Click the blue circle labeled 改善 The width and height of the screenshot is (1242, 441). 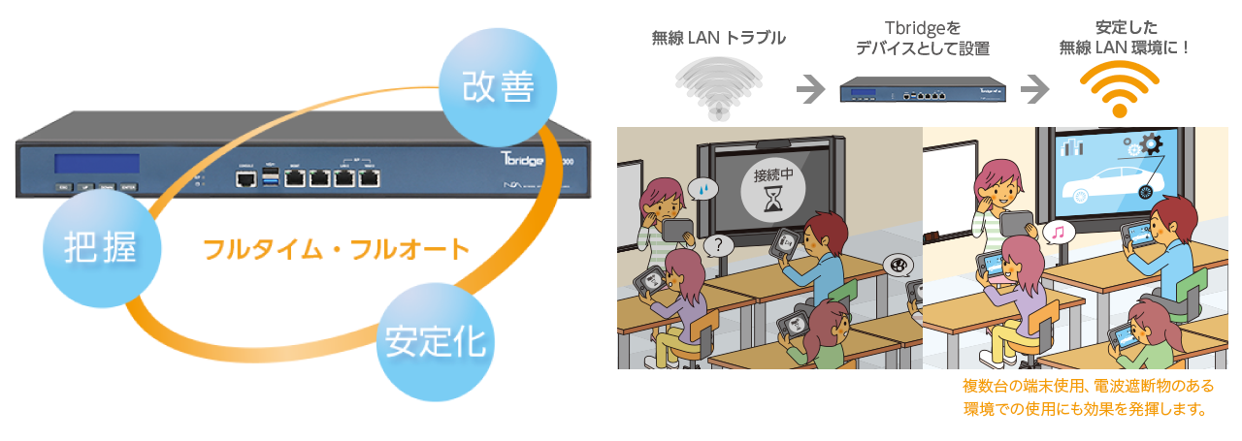coord(499,86)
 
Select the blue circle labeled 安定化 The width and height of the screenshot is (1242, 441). coord(436,342)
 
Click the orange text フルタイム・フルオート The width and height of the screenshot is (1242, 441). coord(336,249)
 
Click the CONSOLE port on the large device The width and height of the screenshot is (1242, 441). coord(245,177)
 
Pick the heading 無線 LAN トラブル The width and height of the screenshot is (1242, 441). coord(718,39)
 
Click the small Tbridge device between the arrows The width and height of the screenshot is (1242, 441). coord(920,92)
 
